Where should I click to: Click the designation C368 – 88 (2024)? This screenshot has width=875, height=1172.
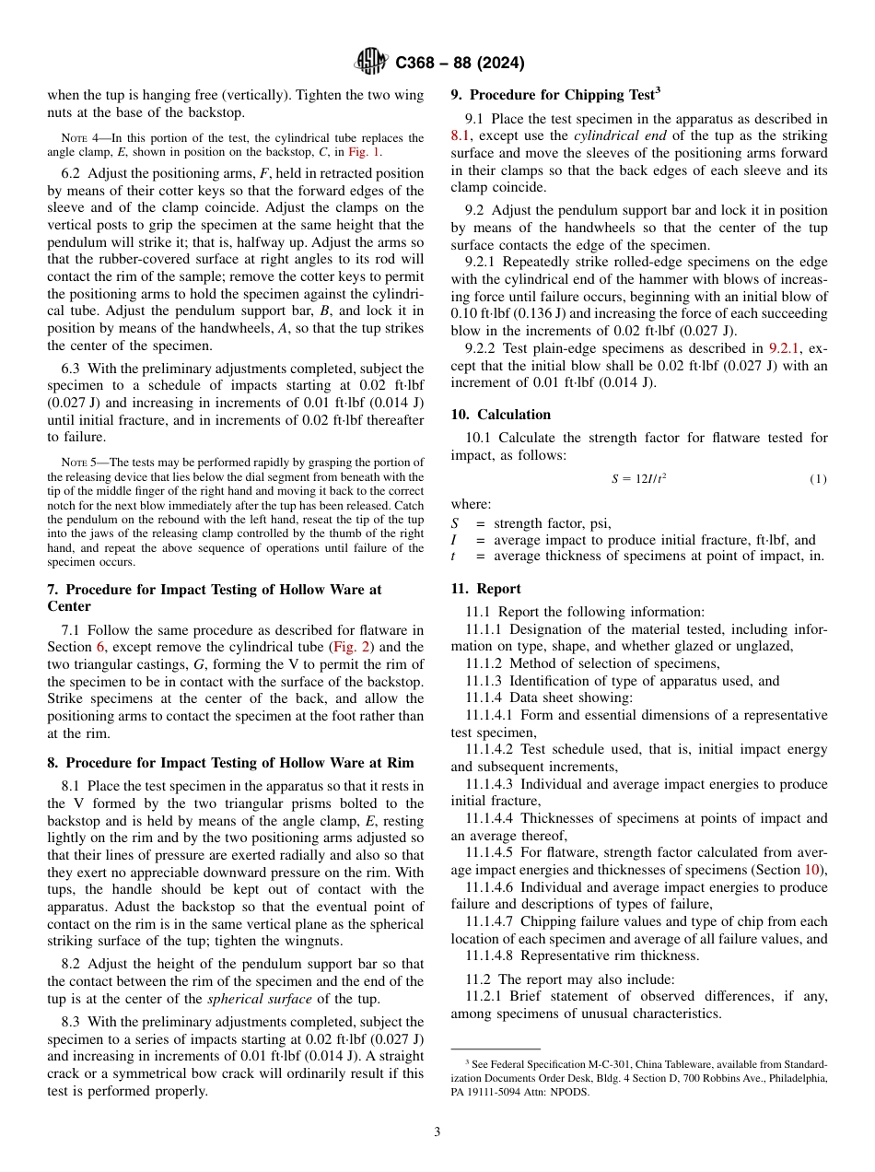[460, 64]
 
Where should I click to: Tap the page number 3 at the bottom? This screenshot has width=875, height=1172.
[437, 1131]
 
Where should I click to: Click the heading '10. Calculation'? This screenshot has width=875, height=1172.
[501, 415]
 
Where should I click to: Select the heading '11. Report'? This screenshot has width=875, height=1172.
[485, 589]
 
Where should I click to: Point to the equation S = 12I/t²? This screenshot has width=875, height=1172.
[638, 479]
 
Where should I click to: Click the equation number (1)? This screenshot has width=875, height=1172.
[818, 479]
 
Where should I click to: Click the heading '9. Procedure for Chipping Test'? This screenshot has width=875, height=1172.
[554, 94]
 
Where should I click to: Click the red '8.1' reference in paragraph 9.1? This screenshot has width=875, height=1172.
[460, 135]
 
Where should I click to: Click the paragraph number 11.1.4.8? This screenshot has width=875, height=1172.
[493, 955]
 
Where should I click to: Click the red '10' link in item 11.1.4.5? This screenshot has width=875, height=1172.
[812, 870]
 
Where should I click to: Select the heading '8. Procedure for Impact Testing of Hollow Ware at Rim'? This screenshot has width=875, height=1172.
[230, 763]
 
